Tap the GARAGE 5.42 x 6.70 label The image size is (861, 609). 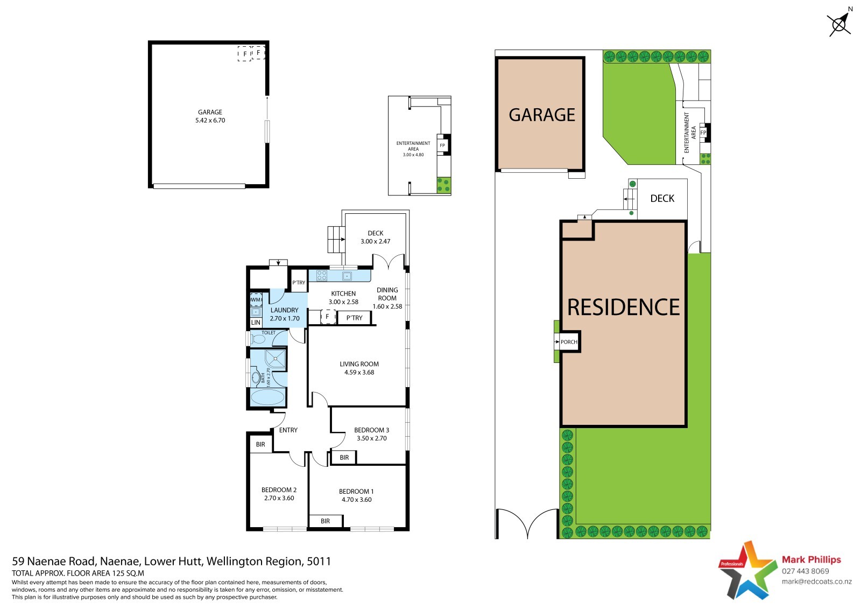(210, 116)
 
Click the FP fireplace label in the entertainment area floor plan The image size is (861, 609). (442, 145)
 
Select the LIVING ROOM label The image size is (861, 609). (359, 364)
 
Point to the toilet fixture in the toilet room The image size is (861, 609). (258, 339)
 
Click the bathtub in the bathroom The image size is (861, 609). (267, 397)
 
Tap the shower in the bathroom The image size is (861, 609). (275, 359)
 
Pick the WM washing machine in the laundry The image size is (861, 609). (256, 299)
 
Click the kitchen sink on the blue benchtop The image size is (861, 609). (347, 276)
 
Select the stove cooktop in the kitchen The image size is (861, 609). (322, 276)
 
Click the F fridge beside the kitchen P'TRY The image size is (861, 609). (328, 317)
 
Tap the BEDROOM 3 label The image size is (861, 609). (372, 430)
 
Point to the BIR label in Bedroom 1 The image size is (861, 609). (325, 521)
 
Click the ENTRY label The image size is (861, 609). (288, 430)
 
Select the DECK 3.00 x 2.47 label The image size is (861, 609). (375, 237)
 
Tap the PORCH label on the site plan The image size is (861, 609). (569, 341)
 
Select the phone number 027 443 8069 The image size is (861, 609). (805, 571)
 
